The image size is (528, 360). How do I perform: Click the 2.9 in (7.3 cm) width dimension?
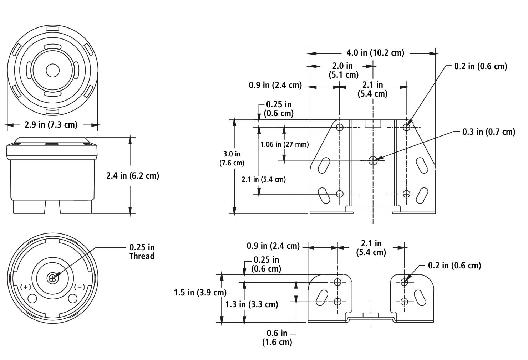click(x=51, y=125)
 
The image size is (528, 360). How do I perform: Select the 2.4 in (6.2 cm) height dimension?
click(x=133, y=176)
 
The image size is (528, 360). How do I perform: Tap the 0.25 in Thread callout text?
click(x=142, y=252)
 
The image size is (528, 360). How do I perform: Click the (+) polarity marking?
click(x=25, y=287)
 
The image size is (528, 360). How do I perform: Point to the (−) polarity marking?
click(x=79, y=287)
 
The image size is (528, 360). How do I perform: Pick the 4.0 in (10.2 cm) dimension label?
click(x=375, y=53)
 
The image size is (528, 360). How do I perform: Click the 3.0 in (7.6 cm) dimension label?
click(x=232, y=158)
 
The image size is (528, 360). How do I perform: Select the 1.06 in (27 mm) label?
click(x=284, y=144)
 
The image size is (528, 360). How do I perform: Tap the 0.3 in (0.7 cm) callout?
click(x=488, y=132)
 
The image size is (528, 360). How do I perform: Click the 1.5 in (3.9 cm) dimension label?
click(x=200, y=293)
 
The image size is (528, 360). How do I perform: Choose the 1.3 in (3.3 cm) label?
click(x=252, y=304)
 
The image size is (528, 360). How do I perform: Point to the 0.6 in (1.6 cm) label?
click(x=277, y=338)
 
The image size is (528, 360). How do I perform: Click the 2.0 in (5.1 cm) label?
click(x=343, y=70)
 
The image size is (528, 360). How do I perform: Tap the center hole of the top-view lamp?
click(x=52, y=71)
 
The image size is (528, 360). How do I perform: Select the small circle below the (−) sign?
click(x=73, y=298)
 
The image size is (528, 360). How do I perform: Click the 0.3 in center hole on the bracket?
click(x=373, y=160)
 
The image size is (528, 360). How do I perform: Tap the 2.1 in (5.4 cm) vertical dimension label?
click(x=264, y=179)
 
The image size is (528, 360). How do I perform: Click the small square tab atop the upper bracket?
click(x=373, y=123)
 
